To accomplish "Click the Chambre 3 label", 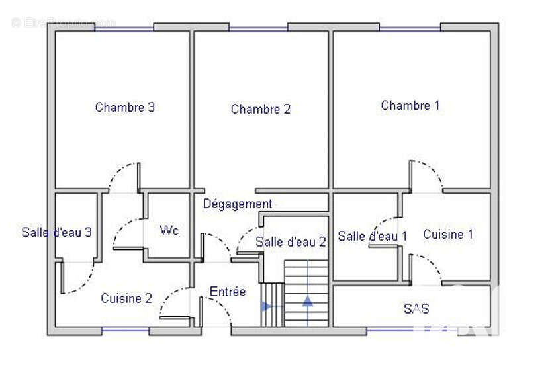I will tap(125, 107).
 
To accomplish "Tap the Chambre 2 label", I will tap(261, 110).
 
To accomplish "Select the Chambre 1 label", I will tap(410, 105).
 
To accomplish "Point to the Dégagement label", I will tap(238, 204).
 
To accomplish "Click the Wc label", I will tap(169, 231).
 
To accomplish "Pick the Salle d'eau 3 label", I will tap(56, 232).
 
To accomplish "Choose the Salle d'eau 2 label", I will tap(291, 242).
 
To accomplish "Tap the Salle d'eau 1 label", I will tap(373, 236).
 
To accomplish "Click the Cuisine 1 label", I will tap(448, 234).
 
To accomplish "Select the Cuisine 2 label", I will tap(126, 298).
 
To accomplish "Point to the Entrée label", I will tap(228, 292).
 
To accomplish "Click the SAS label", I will tap(416, 308).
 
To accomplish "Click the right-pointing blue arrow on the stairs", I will tap(266, 306).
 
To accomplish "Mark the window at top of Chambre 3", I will tap(124, 28).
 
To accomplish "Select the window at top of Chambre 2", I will tap(258, 28).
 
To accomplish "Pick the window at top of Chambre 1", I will tap(410, 28).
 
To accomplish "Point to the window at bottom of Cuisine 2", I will tap(125, 330).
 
